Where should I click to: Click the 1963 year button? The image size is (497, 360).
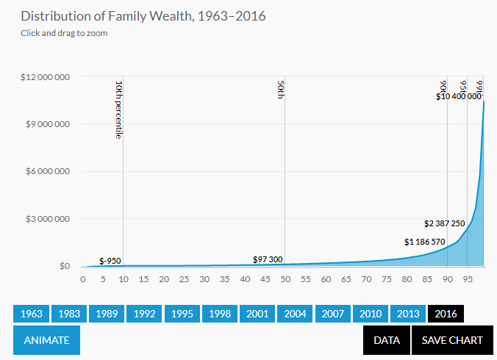pyautogui.click(x=32, y=314)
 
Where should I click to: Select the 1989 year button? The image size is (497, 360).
pyautogui.click(x=107, y=314)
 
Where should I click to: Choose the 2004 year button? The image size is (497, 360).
pyautogui.click(x=295, y=314)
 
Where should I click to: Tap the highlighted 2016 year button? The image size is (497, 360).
pyautogui.click(x=446, y=314)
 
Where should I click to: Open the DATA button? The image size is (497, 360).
pyautogui.click(x=386, y=340)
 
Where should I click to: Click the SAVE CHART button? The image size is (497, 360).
pyautogui.click(x=451, y=340)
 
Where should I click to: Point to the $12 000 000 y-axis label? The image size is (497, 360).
pyautogui.click(x=45, y=76)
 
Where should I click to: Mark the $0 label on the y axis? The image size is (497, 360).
pyautogui.click(x=64, y=266)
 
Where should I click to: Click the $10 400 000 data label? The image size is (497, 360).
pyautogui.click(x=459, y=96)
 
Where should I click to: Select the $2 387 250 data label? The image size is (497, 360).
pyautogui.click(x=445, y=223)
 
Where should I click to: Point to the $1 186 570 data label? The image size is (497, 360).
pyautogui.click(x=424, y=242)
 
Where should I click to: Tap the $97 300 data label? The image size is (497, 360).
pyautogui.click(x=268, y=259)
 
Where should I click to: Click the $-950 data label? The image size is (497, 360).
pyautogui.click(x=110, y=261)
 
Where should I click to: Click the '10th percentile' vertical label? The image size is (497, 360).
pyautogui.click(x=118, y=109)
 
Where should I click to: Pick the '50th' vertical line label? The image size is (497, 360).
pyautogui.click(x=280, y=90)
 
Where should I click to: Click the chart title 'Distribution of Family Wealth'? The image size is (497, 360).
pyautogui.click(x=133, y=15)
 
